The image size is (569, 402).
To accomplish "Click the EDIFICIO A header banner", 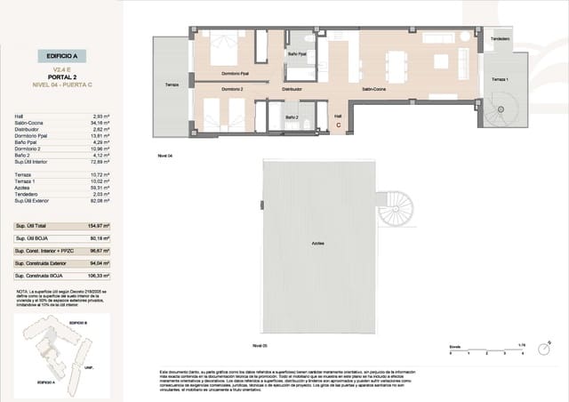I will pos(62,55).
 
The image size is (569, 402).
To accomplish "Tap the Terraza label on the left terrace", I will pos(171,84).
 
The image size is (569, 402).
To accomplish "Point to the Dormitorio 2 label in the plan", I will pos(232,90).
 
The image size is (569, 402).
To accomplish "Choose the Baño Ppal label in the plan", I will pos(297,55).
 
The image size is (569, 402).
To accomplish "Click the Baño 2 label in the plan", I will pos(292,117).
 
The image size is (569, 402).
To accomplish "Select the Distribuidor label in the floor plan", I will pos(293,90).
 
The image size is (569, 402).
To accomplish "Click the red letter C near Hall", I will pos(339,125).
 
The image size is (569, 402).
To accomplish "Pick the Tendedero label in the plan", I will pos(501,39).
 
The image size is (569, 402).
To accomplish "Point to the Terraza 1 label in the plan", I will pos(501,80).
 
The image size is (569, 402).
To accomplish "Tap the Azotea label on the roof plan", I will pos(317,243).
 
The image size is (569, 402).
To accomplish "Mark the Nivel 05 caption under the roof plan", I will pos(260,344).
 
